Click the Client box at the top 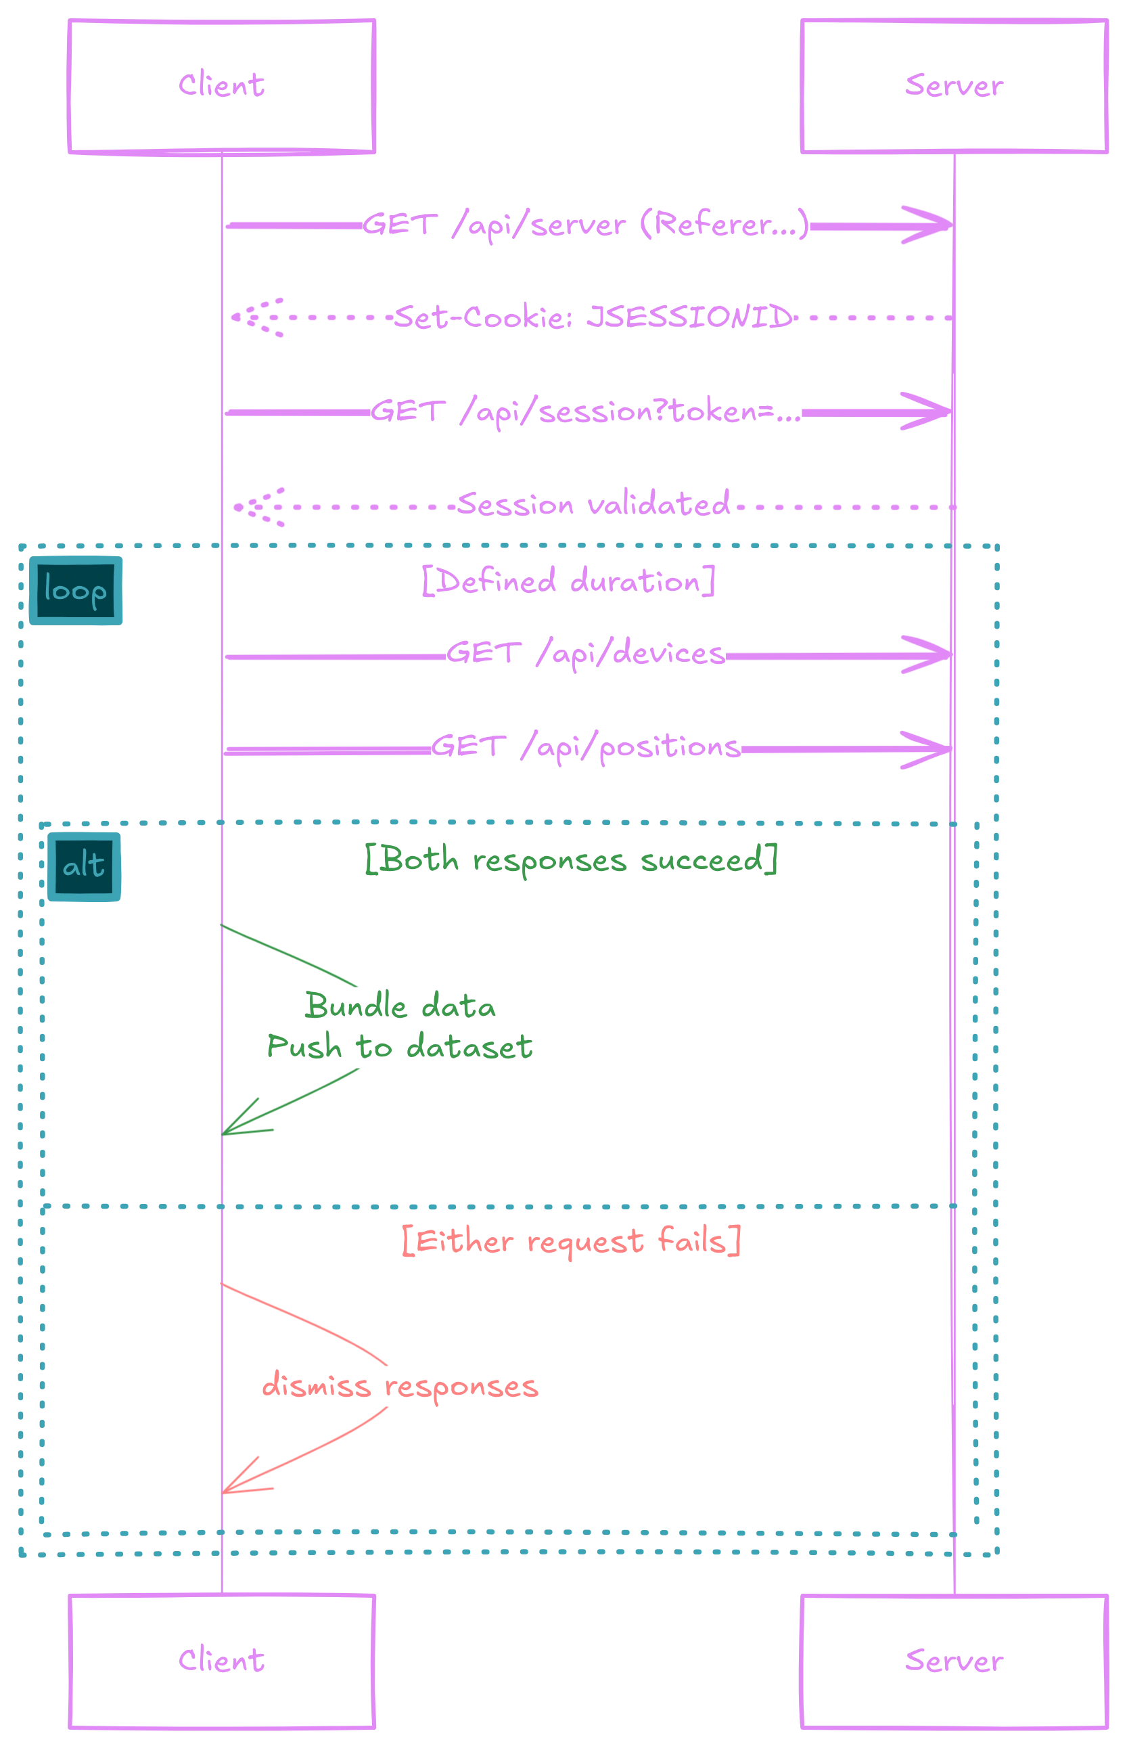pyautogui.click(x=222, y=87)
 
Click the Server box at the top pyautogui.click(x=953, y=87)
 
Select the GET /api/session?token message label pyautogui.click(x=584, y=412)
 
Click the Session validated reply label pyautogui.click(x=593, y=505)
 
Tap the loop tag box pyautogui.click(x=75, y=590)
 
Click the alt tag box pyautogui.click(x=83, y=866)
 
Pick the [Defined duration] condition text pyautogui.click(x=569, y=583)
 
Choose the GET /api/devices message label pyautogui.click(x=587, y=653)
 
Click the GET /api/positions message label pyautogui.click(x=587, y=748)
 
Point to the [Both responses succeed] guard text pyautogui.click(x=571, y=860)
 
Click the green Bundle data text pyautogui.click(x=400, y=1007)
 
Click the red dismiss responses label pyautogui.click(x=400, y=1386)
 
